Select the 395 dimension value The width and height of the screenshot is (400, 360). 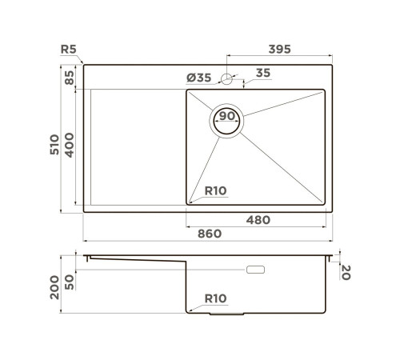(x=278, y=50)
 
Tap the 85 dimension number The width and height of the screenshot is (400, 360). (x=69, y=78)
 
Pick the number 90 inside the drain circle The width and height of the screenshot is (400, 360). (x=227, y=117)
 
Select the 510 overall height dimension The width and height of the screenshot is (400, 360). (x=53, y=144)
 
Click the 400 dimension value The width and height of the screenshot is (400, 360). (x=69, y=145)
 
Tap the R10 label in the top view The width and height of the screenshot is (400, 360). (x=217, y=191)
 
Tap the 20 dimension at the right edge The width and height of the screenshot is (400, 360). (x=346, y=274)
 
